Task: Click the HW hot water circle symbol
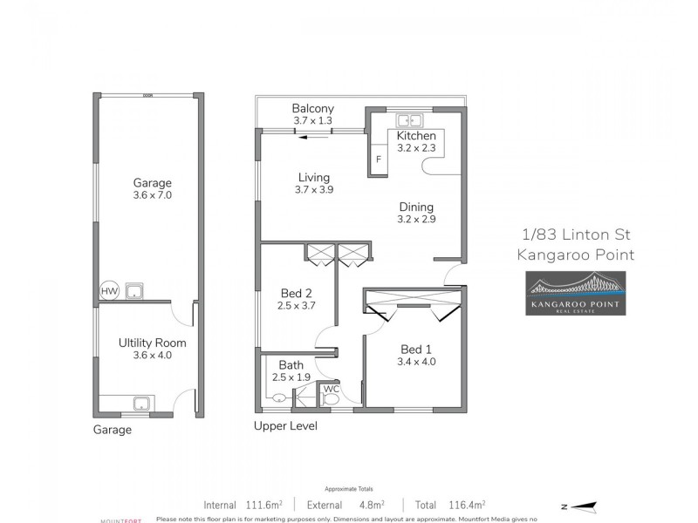(x=109, y=291)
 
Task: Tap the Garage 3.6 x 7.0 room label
(x=152, y=189)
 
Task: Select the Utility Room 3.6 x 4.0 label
(x=152, y=349)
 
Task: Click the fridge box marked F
(x=379, y=160)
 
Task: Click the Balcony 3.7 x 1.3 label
(x=312, y=114)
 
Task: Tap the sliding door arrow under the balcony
(x=318, y=135)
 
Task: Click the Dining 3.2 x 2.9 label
(x=416, y=213)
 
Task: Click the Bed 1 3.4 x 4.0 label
(x=415, y=354)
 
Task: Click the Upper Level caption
(x=285, y=426)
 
